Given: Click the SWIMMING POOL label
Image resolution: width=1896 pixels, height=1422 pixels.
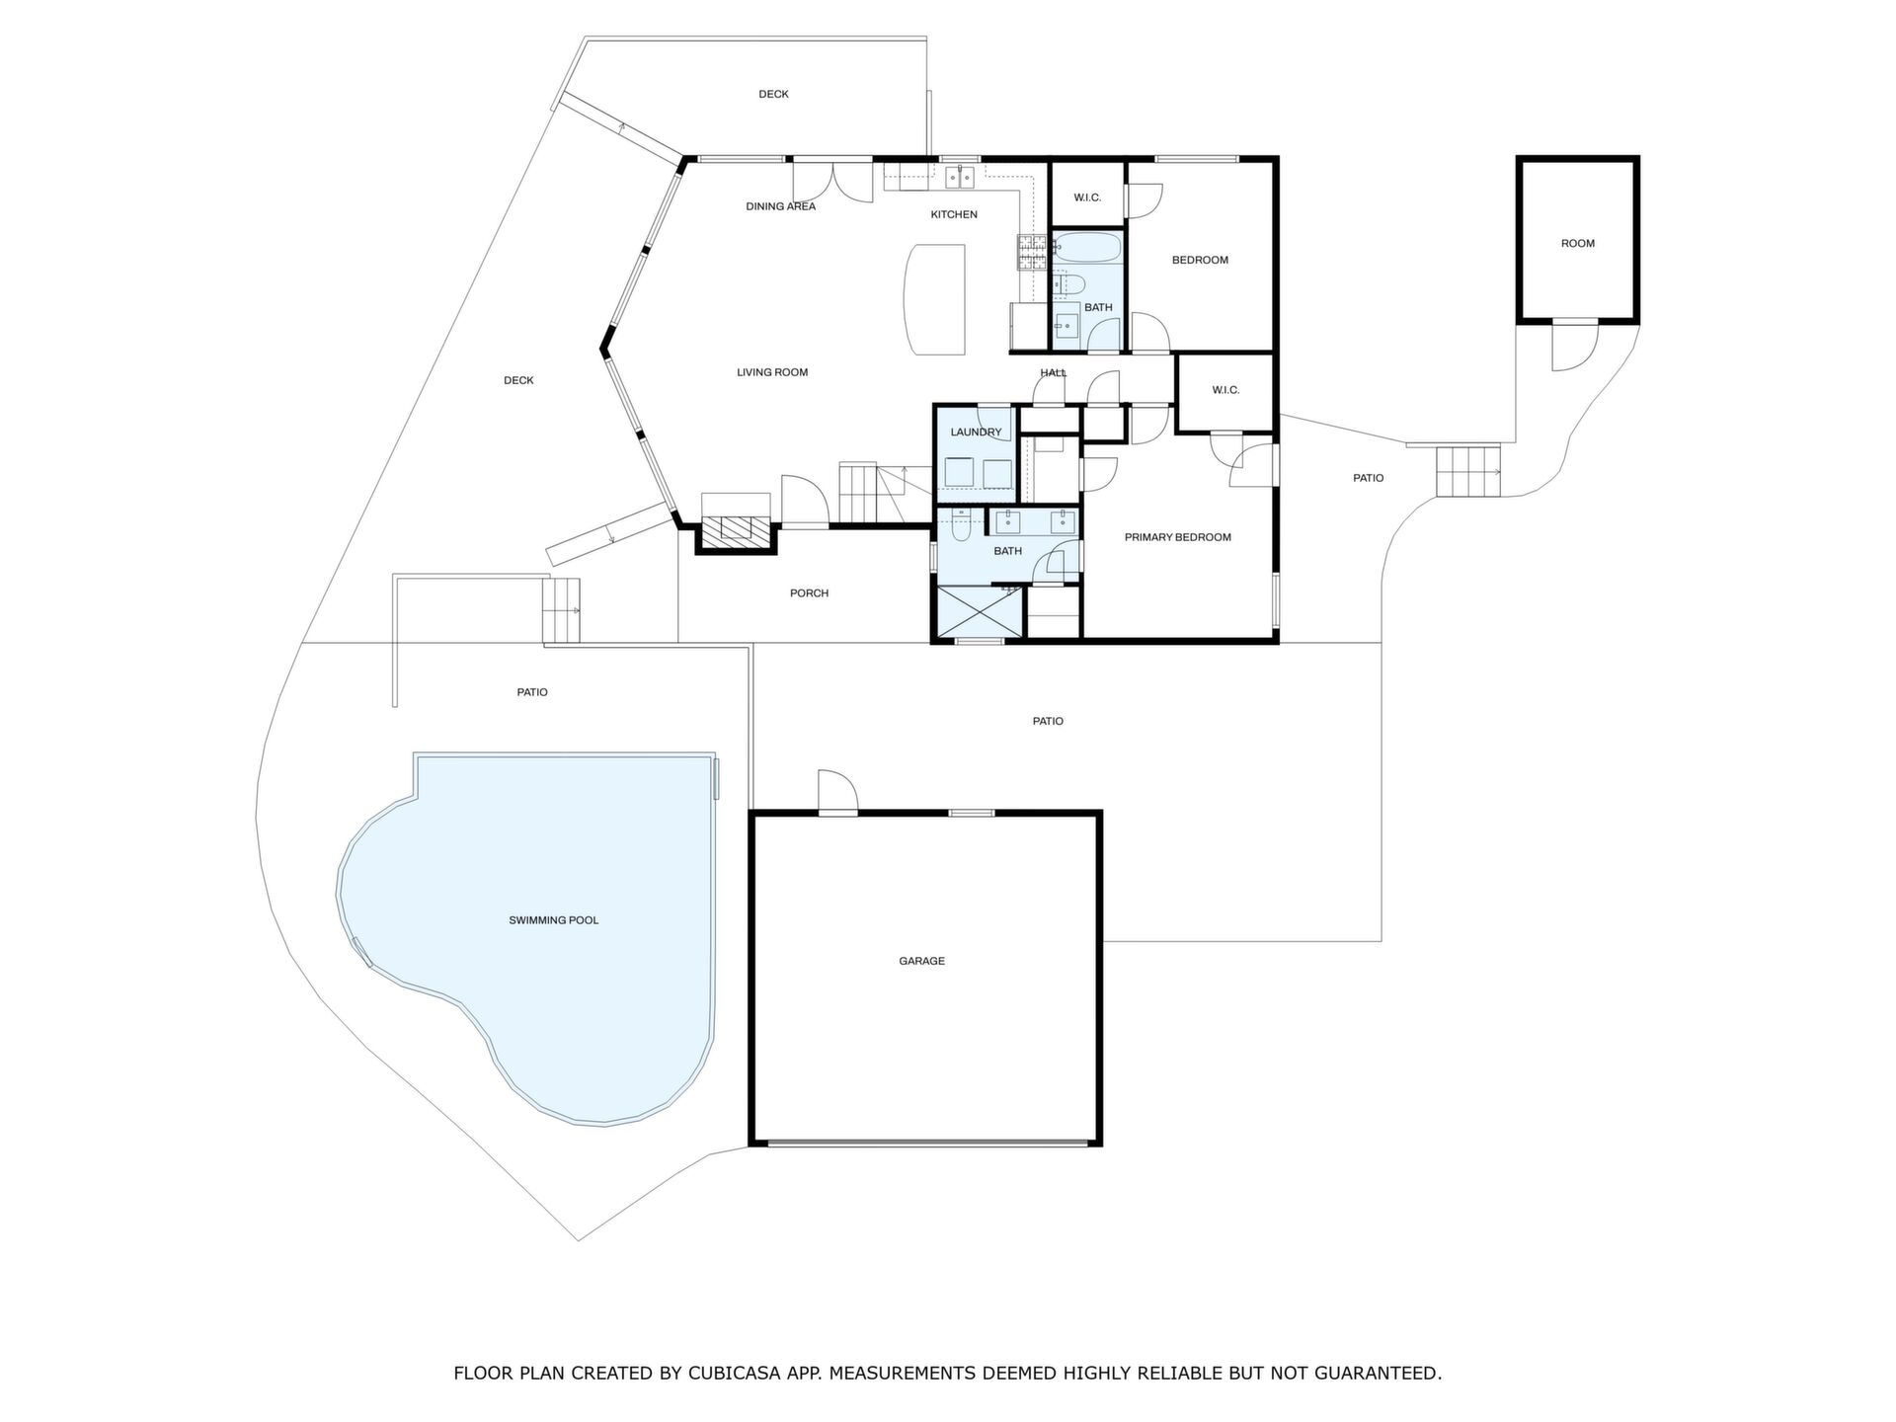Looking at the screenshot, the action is click(553, 920).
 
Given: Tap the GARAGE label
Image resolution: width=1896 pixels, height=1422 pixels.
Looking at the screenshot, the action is click(921, 961).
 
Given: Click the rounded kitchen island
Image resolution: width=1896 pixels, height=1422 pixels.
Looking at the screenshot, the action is click(935, 299).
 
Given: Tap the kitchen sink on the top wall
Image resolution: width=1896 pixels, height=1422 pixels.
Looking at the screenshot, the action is click(959, 178).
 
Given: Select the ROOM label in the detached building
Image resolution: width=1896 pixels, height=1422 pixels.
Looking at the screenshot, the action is click(1578, 243).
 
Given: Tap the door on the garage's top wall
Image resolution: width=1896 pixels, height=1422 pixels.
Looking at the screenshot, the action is click(837, 792).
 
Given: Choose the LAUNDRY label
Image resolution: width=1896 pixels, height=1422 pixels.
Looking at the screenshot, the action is click(976, 433).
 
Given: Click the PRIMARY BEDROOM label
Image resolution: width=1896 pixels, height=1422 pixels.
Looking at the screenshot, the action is click(1178, 537).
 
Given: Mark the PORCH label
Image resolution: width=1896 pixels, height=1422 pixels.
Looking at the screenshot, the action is click(809, 593).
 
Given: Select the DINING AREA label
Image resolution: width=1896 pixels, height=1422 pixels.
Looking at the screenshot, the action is click(780, 206).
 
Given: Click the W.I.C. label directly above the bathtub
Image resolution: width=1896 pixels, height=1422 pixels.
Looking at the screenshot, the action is click(1087, 197).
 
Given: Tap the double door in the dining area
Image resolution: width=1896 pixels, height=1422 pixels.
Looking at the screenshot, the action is click(833, 182).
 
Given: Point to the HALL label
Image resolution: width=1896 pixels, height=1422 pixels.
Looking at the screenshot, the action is click(1054, 372).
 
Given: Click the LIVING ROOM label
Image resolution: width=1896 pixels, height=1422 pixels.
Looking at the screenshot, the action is click(772, 372).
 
